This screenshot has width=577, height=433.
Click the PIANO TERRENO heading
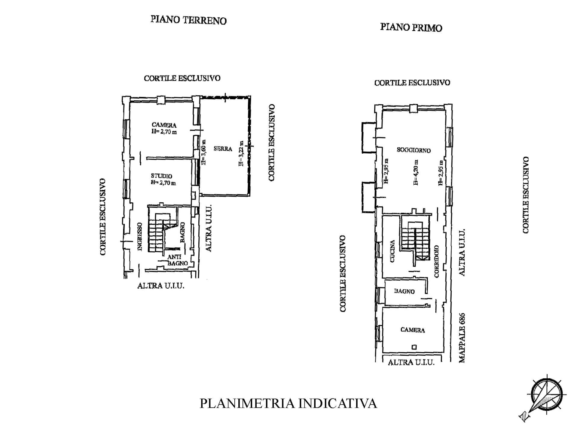pyautogui.click(x=188, y=20)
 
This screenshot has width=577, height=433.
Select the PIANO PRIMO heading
pyautogui.click(x=411, y=27)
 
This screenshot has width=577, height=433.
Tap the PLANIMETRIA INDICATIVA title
pyautogui.click(x=288, y=403)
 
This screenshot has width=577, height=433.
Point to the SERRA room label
pyautogui.click(x=223, y=149)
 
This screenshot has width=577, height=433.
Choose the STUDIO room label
pyautogui.click(x=162, y=176)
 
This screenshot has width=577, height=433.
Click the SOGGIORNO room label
pyautogui.click(x=414, y=150)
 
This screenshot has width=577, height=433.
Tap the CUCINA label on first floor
pyautogui.click(x=392, y=251)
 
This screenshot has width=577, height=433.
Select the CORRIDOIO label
pyautogui.click(x=437, y=261)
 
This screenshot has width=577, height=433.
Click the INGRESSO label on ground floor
pyautogui.click(x=139, y=237)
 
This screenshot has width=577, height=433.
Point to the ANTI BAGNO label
pyautogui.click(x=177, y=260)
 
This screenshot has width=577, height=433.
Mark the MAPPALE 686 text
pyautogui.click(x=462, y=338)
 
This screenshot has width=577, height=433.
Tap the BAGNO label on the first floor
pyautogui.click(x=404, y=291)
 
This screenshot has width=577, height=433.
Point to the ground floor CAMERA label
pyautogui.click(x=164, y=125)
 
